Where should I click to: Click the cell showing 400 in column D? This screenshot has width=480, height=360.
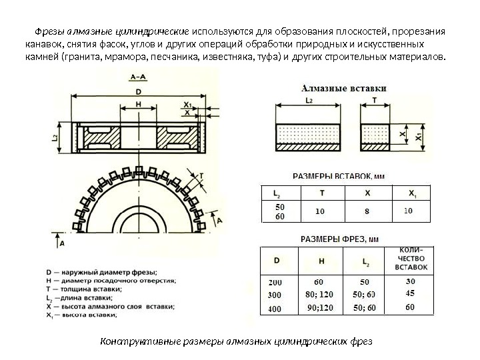pyautogui.click(x=275, y=309)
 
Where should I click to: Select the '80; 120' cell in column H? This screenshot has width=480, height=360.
pyautogui.click(x=319, y=294)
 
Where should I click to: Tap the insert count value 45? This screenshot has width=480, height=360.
pyautogui.click(x=411, y=293)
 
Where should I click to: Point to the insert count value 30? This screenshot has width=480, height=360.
pyautogui.click(x=411, y=281)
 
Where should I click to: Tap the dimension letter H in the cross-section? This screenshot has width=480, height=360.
pyautogui.click(x=138, y=105)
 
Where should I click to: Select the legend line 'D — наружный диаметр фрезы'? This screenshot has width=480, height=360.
pyautogui.click(x=101, y=272)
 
